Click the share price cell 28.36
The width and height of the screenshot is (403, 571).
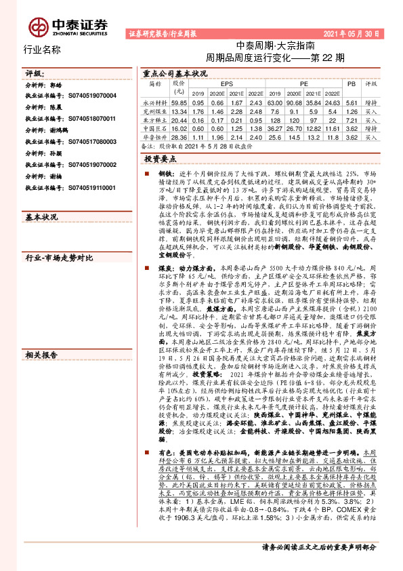(179, 136)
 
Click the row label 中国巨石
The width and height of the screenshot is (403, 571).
(155, 127)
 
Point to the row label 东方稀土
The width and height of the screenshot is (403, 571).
(155, 119)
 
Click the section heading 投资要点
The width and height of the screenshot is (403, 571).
(161, 157)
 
